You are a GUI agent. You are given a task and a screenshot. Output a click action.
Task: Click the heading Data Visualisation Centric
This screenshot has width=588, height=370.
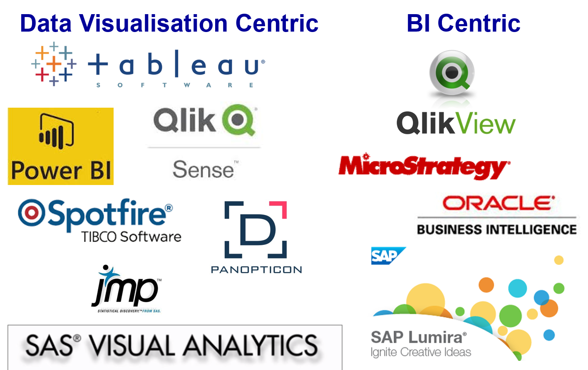click(169, 23)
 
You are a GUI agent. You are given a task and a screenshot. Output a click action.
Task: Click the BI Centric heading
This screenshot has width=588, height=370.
click(463, 23)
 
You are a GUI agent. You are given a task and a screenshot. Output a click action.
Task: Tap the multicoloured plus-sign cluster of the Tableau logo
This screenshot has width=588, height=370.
click(54, 64)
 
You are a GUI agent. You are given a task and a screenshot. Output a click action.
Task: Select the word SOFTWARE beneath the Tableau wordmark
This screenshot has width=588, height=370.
click(175, 85)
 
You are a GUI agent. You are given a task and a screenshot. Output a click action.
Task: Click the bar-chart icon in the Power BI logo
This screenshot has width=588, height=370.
click(56, 132)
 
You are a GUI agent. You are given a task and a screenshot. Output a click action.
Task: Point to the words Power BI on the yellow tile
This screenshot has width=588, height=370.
click(61, 170)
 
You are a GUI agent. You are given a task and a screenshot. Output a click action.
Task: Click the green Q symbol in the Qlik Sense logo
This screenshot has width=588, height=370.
click(238, 120)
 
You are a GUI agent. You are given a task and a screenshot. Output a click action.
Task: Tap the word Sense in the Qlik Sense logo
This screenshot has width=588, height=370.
click(203, 169)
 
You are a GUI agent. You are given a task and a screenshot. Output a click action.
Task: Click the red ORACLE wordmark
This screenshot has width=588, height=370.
click(498, 203)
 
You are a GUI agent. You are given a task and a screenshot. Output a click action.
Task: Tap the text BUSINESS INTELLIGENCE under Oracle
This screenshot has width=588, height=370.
click(496, 229)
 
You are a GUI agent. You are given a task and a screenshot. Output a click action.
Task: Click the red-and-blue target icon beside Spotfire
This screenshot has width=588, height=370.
click(31, 212)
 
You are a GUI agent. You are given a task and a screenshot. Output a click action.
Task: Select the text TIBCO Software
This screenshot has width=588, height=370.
click(131, 237)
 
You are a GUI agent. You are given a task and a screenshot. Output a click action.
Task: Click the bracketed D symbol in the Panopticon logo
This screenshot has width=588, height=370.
click(256, 229)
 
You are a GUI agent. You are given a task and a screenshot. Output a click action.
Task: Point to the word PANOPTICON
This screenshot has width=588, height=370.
click(256, 270)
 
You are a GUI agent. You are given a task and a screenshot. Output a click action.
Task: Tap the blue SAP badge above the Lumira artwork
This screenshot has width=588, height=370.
click(387, 256)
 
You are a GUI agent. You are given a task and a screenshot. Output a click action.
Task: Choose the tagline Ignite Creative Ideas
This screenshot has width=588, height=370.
click(421, 353)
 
